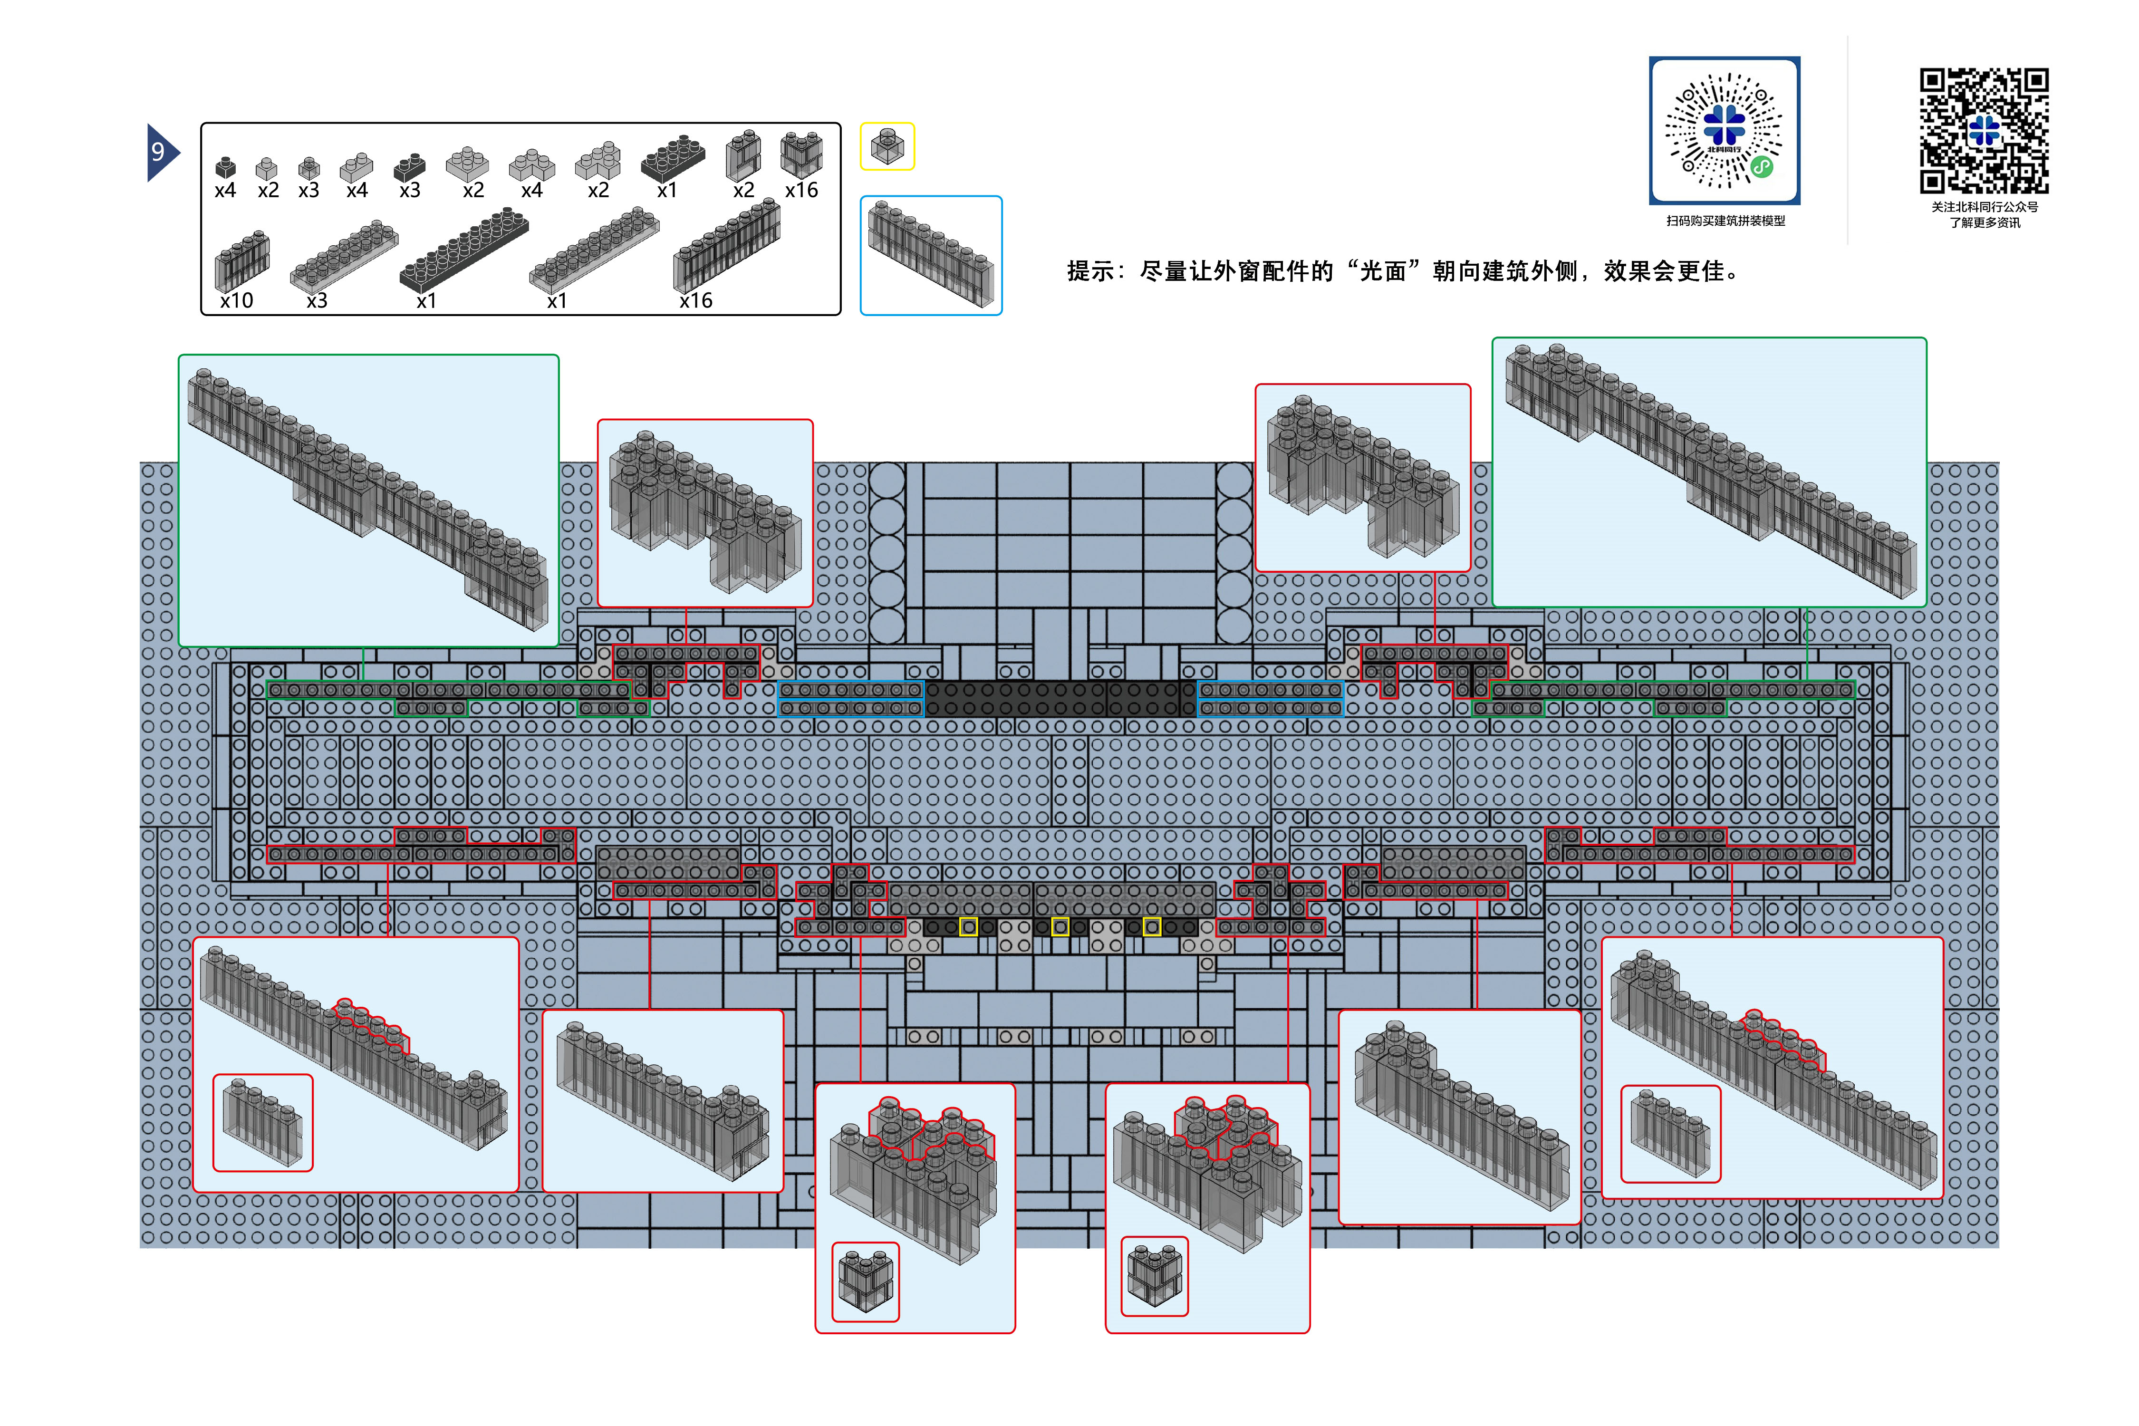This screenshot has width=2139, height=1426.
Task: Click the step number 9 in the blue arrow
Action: pyautogui.click(x=158, y=152)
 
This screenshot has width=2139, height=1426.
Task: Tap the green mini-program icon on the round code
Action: pyautogui.click(x=1762, y=167)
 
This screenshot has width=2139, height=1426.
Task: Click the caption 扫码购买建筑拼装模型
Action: pyautogui.click(x=1725, y=221)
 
